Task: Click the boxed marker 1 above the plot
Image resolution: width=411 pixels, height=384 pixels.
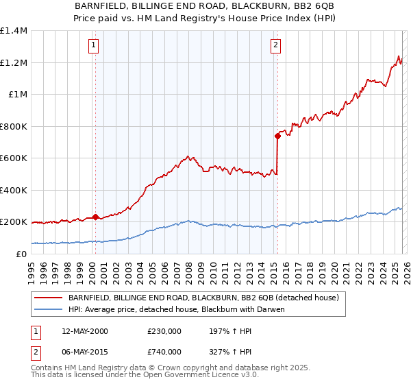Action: pyautogui.click(x=92, y=46)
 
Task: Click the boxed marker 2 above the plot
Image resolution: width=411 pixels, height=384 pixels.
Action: pyautogui.click(x=275, y=46)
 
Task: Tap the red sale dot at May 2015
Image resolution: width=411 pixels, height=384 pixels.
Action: pyautogui.click(x=277, y=136)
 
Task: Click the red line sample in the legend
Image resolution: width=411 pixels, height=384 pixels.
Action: pyautogui.click(x=49, y=298)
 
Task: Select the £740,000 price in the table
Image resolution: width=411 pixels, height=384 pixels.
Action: pyautogui.click(x=164, y=351)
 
